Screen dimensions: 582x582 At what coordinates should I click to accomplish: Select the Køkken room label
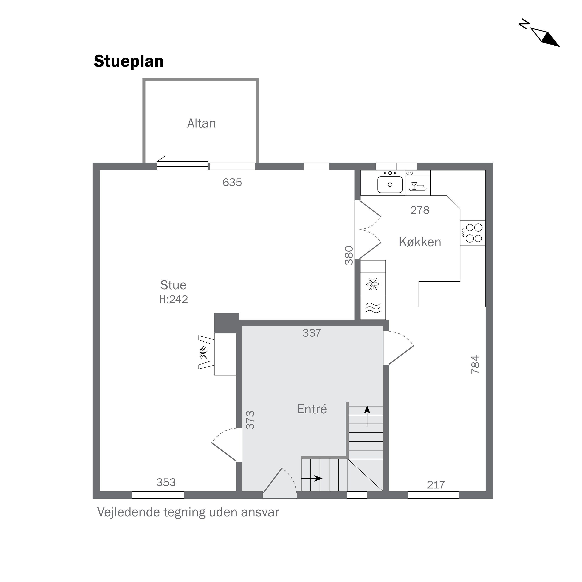tap(420, 242)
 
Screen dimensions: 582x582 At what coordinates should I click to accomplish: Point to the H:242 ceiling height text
tap(173, 299)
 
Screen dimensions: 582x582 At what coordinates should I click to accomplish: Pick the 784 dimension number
tap(475, 365)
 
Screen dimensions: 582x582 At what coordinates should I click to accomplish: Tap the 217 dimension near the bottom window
tap(436, 485)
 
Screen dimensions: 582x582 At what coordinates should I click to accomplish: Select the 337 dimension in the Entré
tap(312, 333)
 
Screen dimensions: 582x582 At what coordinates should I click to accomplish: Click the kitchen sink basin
tap(390, 185)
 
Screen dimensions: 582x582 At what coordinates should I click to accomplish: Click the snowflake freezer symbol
tap(373, 284)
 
